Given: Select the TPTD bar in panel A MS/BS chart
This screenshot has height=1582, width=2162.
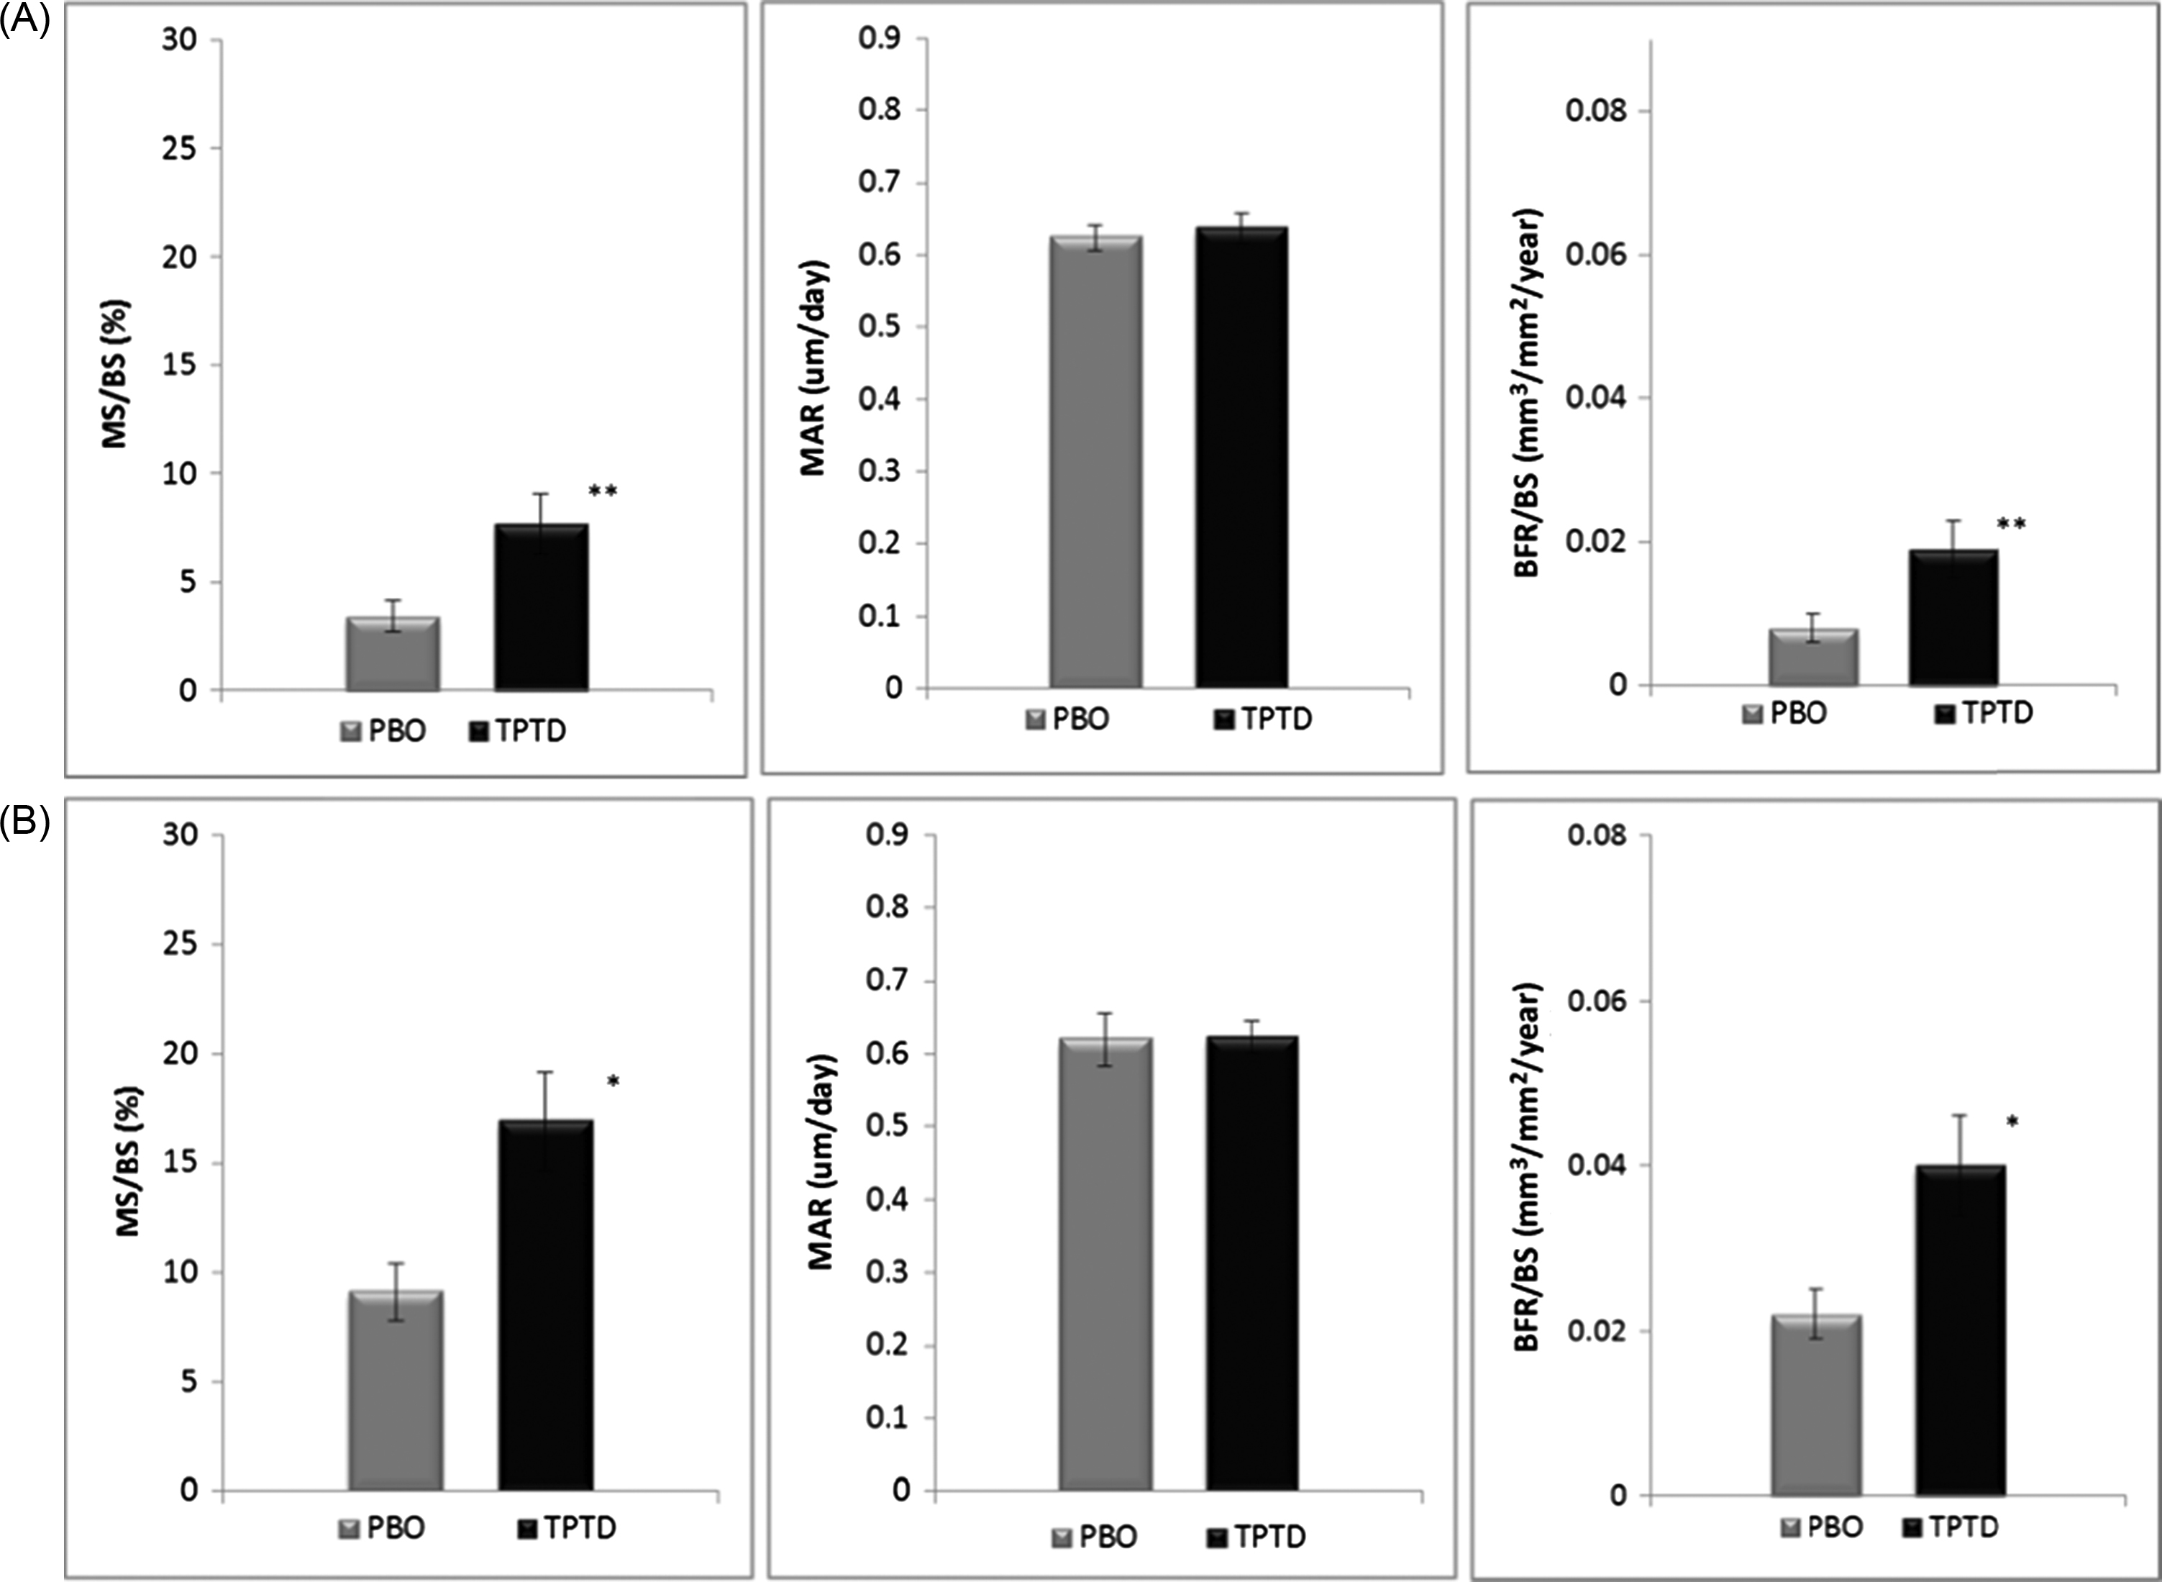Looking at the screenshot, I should click(541, 607).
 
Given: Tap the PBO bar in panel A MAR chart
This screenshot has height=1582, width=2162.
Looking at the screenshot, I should click(1095, 463).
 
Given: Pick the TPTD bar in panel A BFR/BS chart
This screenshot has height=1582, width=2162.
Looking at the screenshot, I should click(1952, 619).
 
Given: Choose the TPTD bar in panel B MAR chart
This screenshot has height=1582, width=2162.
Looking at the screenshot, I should click(1251, 1263).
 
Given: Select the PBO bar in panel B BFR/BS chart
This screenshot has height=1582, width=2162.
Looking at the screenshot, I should click(1815, 1405).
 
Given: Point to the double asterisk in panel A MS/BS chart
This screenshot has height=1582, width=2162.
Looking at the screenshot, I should click(602, 492).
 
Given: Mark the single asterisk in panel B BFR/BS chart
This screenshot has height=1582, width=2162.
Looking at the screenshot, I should click(2012, 1122).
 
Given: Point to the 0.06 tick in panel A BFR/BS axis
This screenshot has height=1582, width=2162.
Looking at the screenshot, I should click(1596, 255).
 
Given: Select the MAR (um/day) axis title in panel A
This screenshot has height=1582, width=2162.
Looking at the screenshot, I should click(813, 367).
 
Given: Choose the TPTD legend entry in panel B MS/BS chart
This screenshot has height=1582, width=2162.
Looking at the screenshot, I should click(566, 1527).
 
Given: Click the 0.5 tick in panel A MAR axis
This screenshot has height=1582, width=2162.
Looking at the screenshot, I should click(880, 327).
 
